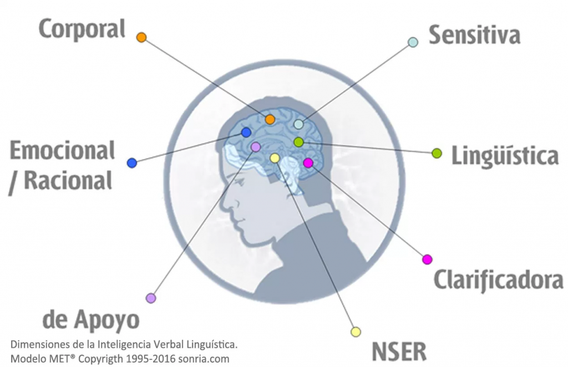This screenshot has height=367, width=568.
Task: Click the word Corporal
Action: click(x=82, y=29)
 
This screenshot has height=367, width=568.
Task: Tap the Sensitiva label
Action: click(x=474, y=35)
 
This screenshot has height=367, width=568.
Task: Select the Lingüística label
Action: click(x=504, y=156)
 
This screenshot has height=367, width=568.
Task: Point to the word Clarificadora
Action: click(x=498, y=281)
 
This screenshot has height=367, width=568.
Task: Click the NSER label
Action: click(x=399, y=351)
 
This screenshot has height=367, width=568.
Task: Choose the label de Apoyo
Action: click(x=91, y=320)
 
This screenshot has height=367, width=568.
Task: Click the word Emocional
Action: click(x=63, y=150)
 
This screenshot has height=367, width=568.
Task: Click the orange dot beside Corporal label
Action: click(x=141, y=37)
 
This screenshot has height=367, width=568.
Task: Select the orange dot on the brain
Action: click(x=270, y=119)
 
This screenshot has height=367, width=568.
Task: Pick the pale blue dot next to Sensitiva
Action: click(x=413, y=42)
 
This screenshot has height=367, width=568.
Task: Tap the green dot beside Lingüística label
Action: click(x=437, y=153)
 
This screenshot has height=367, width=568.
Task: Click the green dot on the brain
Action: click(x=298, y=142)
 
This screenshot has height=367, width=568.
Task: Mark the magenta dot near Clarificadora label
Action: click(x=427, y=259)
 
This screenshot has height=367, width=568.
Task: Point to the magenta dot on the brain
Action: click(x=308, y=162)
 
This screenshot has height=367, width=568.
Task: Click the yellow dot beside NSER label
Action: click(x=356, y=332)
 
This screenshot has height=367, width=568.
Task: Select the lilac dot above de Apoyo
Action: click(x=150, y=298)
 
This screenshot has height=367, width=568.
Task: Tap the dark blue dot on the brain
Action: click(x=246, y=132)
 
